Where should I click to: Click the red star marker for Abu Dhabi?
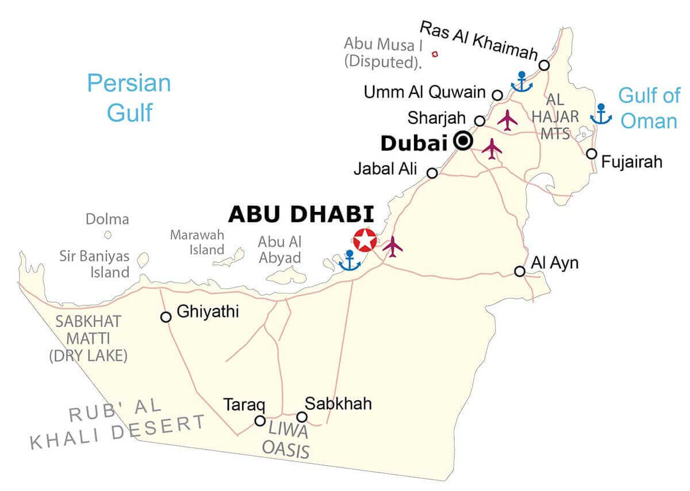coord(364,240)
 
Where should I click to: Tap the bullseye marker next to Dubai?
coord(463,140)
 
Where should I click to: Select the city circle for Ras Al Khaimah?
coord(544,66)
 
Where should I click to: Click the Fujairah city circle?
coord(592,154)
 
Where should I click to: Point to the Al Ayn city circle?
coord(520,271)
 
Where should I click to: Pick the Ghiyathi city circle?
coord(166,317)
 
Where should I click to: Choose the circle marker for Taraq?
coord(260,421)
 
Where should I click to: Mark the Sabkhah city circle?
coord(302,417)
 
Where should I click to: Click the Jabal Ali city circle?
coord(432,173)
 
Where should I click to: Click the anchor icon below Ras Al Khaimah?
coord(522,82)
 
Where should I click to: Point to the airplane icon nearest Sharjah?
coord(508,120)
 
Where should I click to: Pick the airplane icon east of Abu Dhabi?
coord(393,246)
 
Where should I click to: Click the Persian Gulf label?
coord(129,97)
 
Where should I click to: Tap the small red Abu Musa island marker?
coord(435,54)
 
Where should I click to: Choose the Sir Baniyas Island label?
coord(94,264)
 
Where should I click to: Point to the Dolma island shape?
coord(108,235)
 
